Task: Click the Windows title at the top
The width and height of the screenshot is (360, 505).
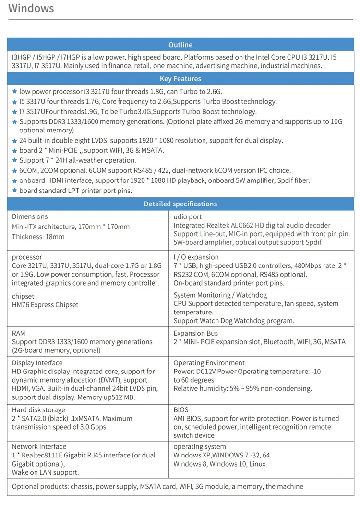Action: pyautogui.click(x=31, y=9)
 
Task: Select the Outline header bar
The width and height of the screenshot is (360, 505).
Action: pyautogui.click(x=180, y=45)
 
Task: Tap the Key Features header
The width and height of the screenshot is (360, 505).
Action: pyautogui.click(x=180, y=79)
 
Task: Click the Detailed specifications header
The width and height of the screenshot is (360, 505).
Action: pyautogui.click(x=180, y=204)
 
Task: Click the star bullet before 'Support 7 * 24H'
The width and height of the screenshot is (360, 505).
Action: pyautogui.click(x=15, y=160)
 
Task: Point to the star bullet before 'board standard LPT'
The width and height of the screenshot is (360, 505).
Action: pyautogui.click(x=15, y=191)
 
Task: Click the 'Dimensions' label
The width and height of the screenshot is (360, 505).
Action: pyautogui.click(x=30, y=216)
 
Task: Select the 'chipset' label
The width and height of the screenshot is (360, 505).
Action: pyautogui.click(x=23, y=296)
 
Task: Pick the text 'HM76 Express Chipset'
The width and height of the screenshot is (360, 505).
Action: pyautogui.click(x=45, y=305)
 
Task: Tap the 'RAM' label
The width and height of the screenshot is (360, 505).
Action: pyautogui.click(x=19, y=333)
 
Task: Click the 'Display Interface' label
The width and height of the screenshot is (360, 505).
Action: pyautogui.click(x=37, y=363)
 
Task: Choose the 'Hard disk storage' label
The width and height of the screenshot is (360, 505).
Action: pyautogui.click(x=38, y=410)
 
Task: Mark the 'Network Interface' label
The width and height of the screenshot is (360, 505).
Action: pyautogui.click(x=39, y=446)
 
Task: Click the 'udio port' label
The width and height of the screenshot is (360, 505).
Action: pyautogui.click(x=188, y=216)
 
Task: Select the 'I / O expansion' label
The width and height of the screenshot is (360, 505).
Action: pyautogui.click(x=196, y=257)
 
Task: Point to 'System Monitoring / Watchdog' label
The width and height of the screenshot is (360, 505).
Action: pyautogui.click(x=220, y=295)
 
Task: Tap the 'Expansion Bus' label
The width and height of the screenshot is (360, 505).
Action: pyautogui.click(x=195, y=333)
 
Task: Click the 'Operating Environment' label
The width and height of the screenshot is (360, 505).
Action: pyautogui.click(x=209, y=363)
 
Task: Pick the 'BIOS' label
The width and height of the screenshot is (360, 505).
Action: pyautogui.click(x=182, y=410)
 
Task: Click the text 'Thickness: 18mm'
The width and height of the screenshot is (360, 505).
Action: pyautogui.click(x=38, y=237)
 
